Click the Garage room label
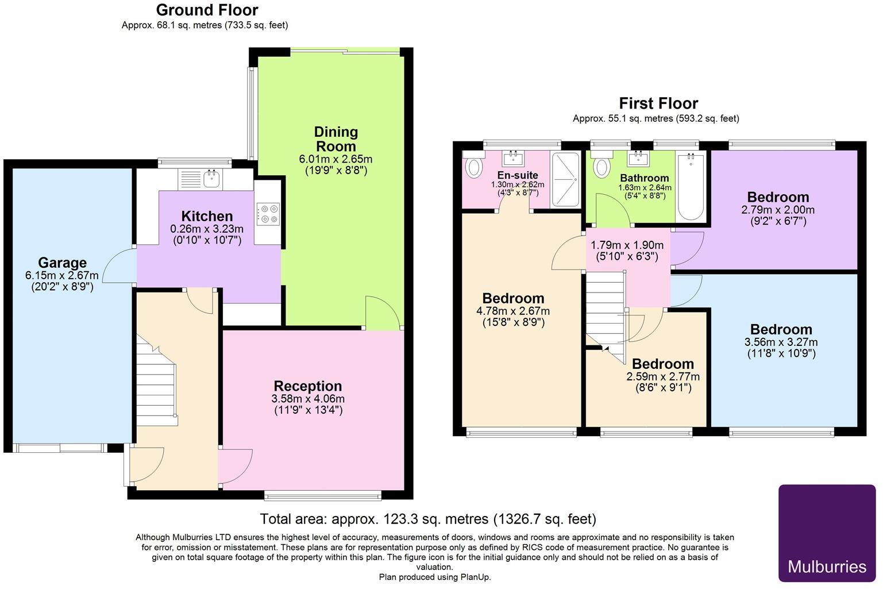click(x=62, y=263)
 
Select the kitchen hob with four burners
click(x=268, y=214)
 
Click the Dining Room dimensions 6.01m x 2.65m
click(x=336, y=159)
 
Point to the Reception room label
click(x=307, y=386)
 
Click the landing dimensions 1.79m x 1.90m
click(x=627, y=245)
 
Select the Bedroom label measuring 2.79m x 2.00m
click(x=778, y=198)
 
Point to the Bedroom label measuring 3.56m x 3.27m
click(x=781, y=329)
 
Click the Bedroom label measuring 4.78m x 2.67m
click(x=513, y=298)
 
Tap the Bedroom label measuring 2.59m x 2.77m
click(x=662, y=364)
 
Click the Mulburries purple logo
click(x=827, y=533)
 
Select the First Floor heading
click(x=658, y=103)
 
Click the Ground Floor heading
click(x=207, y=10)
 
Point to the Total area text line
click(x=428, y=519)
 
